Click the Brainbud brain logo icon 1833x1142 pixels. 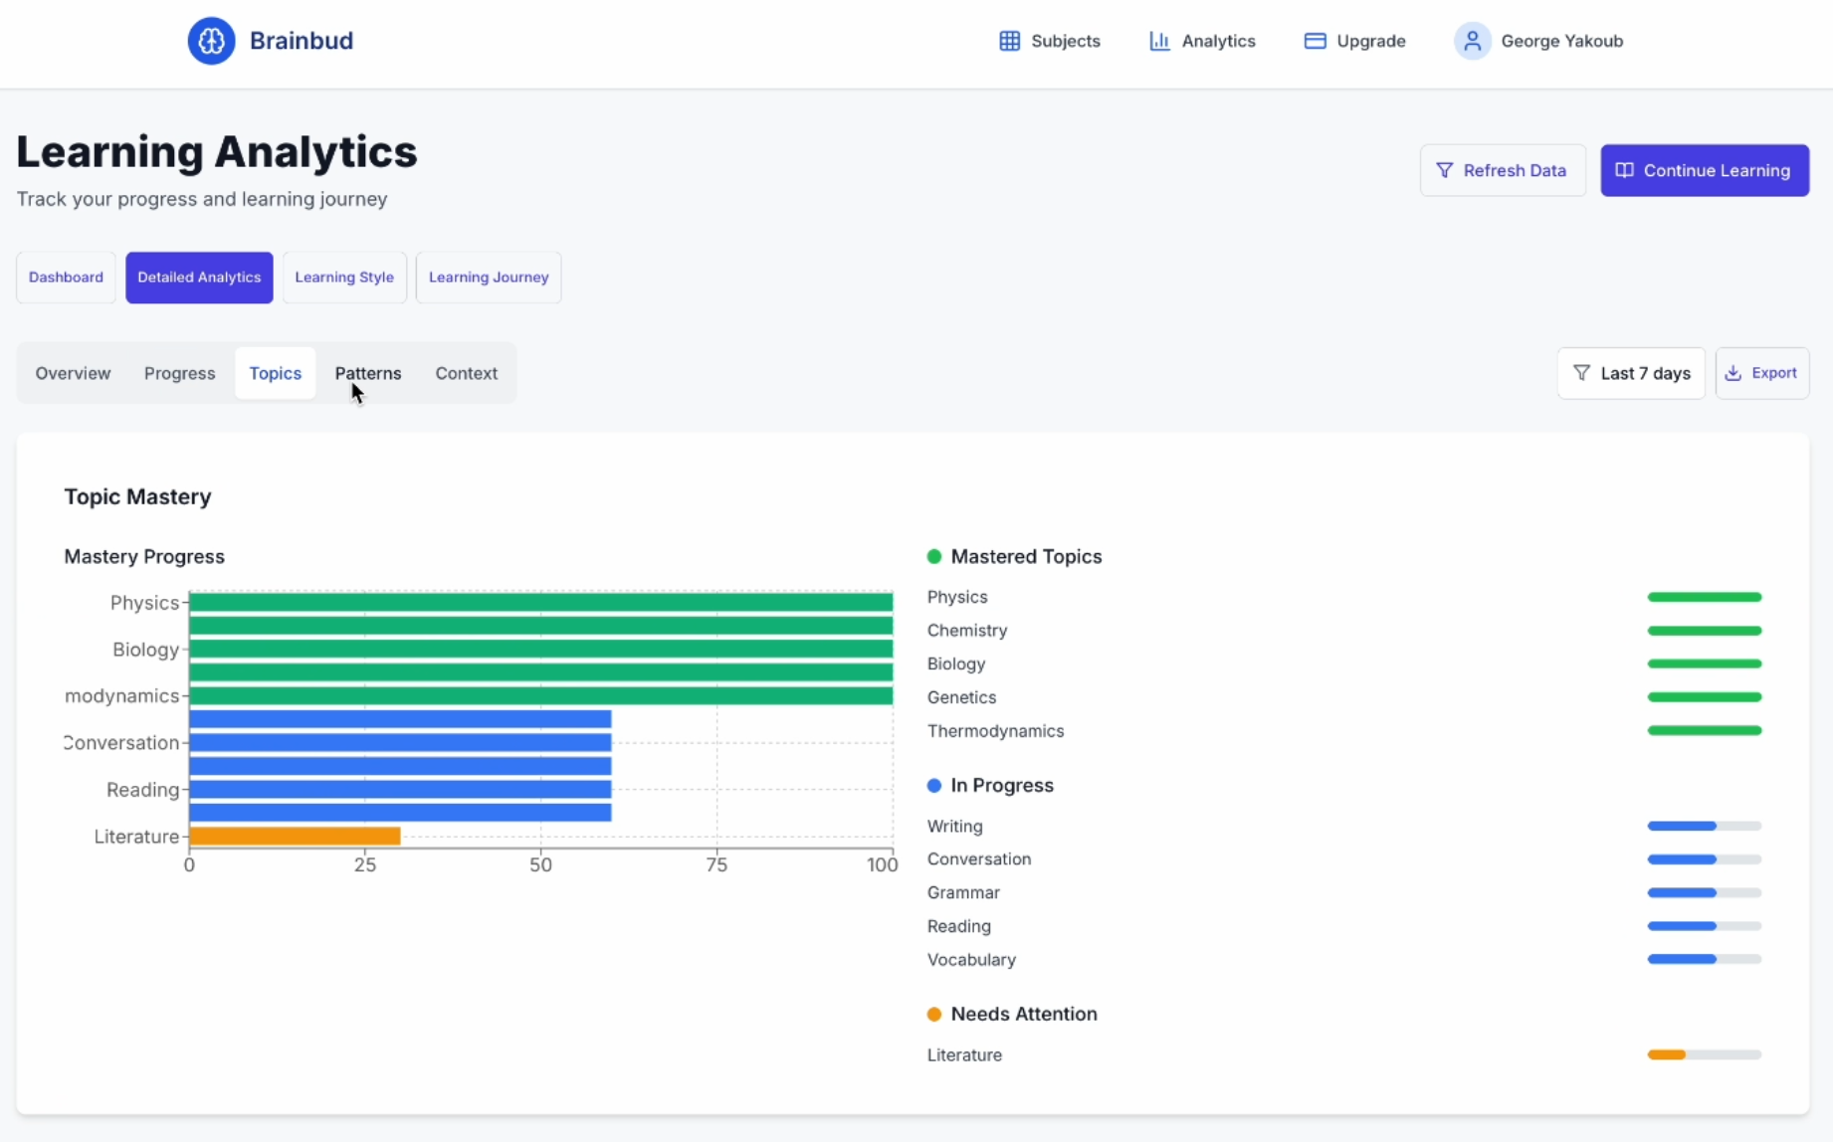[211, 41]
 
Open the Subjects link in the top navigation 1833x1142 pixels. [1050, 41]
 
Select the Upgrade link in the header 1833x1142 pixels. [1354, 41]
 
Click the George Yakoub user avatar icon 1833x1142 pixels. [1472, 41]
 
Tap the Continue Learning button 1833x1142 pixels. [1704, 170]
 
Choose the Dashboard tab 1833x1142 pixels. [66, 278]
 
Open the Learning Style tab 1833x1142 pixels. [344, 278]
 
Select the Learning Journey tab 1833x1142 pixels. [489, 278]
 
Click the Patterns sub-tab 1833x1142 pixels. [368, 373]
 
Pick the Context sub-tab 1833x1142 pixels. [466, 373]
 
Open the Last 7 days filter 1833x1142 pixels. [1630, 373]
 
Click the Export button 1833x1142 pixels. [1761, 373]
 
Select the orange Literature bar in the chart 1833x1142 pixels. [295, 837]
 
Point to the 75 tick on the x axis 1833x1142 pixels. [716, 864]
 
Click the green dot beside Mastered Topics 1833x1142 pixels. [934, 557]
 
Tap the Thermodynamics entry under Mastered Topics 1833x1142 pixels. [995, 731]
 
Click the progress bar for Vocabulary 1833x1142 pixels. [1704, 960]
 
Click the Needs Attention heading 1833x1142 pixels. [1023, 1014]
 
